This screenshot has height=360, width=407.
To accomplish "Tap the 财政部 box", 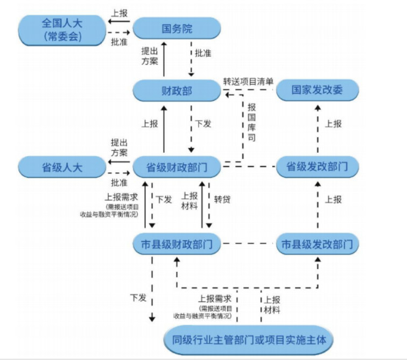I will click(x=177, y=90).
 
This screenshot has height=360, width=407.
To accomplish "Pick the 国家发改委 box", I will click(x=317, y=90).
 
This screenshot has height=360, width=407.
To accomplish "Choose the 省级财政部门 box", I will click(x=177, y=167).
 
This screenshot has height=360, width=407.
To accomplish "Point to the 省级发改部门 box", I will click(x=317, y=167).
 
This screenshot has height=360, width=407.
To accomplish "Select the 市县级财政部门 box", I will click(x=177, y=245).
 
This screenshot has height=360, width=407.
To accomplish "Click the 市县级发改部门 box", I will click(x=317, y=245).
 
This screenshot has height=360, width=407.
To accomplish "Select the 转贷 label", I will click(x=222, y=199).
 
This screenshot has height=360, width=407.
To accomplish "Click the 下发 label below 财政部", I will click(x=203, y=124).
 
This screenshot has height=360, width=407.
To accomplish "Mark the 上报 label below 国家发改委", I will click(x=333, y=124).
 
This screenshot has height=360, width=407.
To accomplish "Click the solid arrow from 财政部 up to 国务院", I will click(x=165, y=59).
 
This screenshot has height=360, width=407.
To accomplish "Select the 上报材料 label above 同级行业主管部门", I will click(x=271, y=305).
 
